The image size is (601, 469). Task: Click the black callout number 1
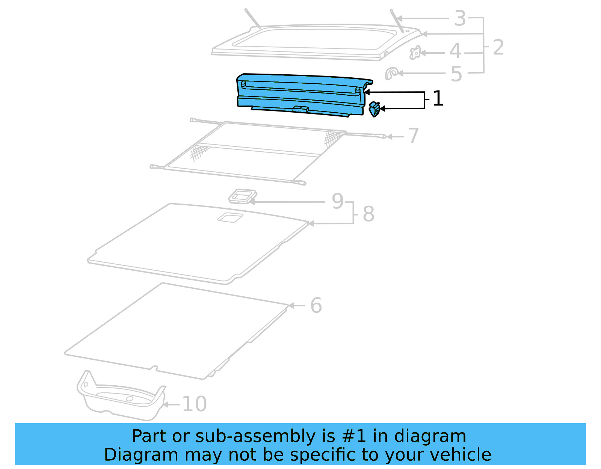[x=438, y=99]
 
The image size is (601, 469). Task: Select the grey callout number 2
[x=498, y=48]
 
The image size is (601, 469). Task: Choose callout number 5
[x=456, y=74]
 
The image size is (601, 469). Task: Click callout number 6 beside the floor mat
[x=316, y=305]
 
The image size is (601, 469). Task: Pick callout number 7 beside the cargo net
[x=413, y=136]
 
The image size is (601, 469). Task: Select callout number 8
[x=368, y=214]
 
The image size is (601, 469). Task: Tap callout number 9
[x=337, y=201]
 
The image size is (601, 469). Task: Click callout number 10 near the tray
[x=194, y=404]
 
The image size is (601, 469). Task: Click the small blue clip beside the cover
[x=374, y=109]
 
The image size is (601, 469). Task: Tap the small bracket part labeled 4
[x=415, y=53]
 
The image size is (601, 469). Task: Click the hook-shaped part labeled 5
[x=391, y=73]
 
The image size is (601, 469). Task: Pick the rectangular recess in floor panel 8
[x=230, y=217]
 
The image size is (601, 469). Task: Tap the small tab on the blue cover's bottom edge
[x=300, y=109]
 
